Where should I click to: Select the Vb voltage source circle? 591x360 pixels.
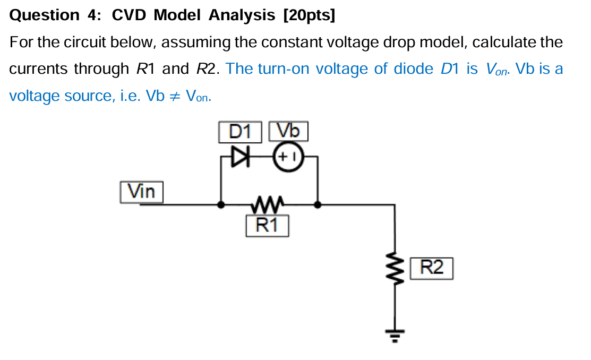(287, 157)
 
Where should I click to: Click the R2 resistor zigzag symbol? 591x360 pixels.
(394, 268)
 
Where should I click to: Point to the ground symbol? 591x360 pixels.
(394, 335)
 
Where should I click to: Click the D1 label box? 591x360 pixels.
(240, 132)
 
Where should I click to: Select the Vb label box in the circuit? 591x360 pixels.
(288, 131)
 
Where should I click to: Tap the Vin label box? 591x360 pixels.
(142, 192)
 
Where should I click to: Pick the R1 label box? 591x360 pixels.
(268, 226)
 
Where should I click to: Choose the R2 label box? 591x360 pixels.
(432, 268)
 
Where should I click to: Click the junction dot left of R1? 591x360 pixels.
(221, 204)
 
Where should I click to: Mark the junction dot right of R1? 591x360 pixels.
(318, 204)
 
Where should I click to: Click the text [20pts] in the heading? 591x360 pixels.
(310, 15)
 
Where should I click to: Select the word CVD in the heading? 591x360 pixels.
(129, 15)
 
